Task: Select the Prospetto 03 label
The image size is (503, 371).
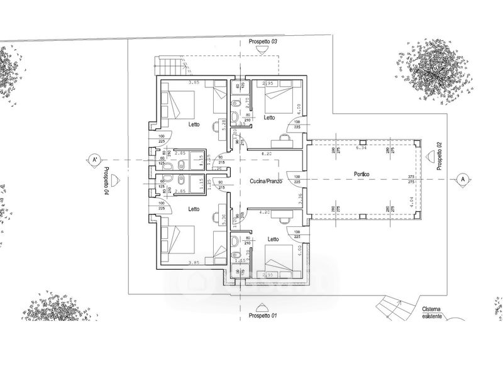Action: (x=263, y=41)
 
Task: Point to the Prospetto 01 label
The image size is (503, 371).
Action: (x=263, y=314)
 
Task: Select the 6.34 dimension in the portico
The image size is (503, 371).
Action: (x=361, y=149)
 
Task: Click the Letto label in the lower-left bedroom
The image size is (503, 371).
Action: (x=194, y=209)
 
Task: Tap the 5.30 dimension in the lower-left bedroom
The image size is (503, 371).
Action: (x=224, y=219)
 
